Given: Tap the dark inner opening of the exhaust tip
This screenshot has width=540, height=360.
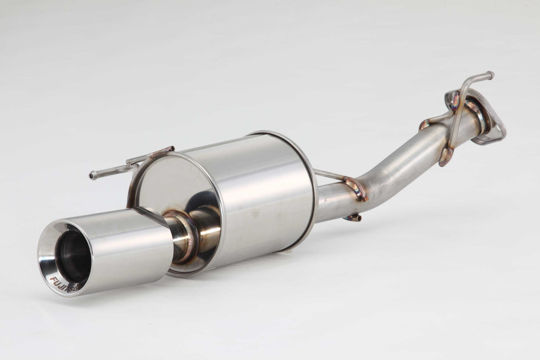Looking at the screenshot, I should point(72,256).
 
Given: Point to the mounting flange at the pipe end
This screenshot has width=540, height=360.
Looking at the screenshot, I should point(492,127).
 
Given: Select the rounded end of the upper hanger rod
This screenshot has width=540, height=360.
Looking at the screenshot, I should point(490,75).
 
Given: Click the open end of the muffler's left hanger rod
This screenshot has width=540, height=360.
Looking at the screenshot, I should point(92,175).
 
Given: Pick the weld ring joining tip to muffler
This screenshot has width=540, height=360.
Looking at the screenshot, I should point(182,236).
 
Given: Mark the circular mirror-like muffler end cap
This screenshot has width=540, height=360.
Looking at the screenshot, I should point(173,187).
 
